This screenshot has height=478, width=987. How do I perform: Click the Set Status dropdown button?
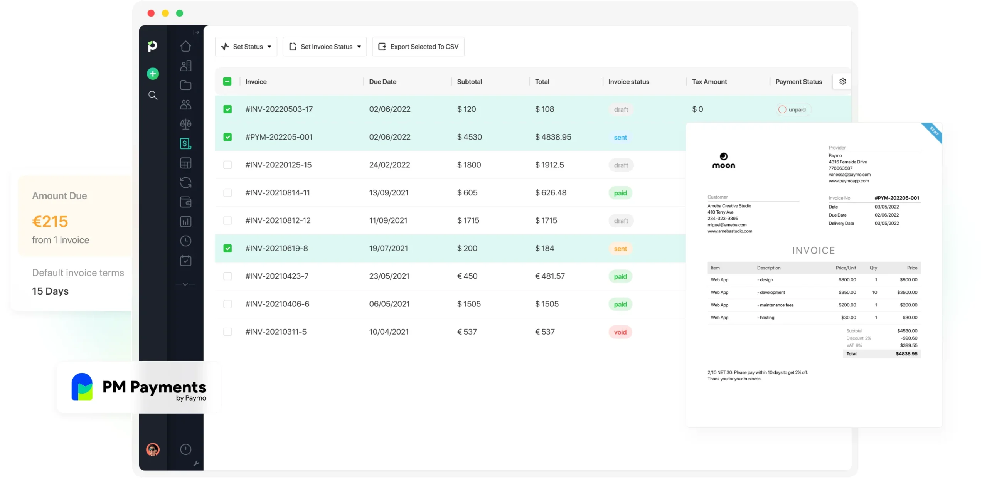pos(246,47)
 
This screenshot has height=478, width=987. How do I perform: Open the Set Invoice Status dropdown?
pos(325,47)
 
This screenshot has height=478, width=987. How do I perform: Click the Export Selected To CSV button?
pos(418,47)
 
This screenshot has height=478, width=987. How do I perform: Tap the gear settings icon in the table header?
pos(842,81)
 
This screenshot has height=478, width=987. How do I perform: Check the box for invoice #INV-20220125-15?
pos(227,165)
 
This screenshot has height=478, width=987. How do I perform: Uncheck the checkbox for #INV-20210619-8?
pos(227,248)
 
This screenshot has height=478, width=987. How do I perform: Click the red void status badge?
pos(620,332)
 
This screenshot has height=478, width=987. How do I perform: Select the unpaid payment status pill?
pos(793,109)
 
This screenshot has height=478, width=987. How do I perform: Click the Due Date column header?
pos(382,82)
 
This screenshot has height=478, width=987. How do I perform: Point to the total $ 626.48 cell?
pos(551,193)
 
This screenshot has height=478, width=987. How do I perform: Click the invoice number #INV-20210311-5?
pos(276,332)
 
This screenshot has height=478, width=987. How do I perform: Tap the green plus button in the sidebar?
pos(153,74)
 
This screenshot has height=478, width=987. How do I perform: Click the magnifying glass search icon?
pos(153,95)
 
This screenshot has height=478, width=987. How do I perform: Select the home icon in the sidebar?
pos(185,46)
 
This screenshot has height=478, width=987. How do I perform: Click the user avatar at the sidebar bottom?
pos(153,449)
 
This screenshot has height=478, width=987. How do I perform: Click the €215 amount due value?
pos(50,222)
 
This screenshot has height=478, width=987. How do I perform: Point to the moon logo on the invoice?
pos(723,160)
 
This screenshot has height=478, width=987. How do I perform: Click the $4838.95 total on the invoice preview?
pos(906,354)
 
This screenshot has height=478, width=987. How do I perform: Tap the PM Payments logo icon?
pos(82,387)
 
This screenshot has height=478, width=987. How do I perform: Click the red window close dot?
pos(151,13)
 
